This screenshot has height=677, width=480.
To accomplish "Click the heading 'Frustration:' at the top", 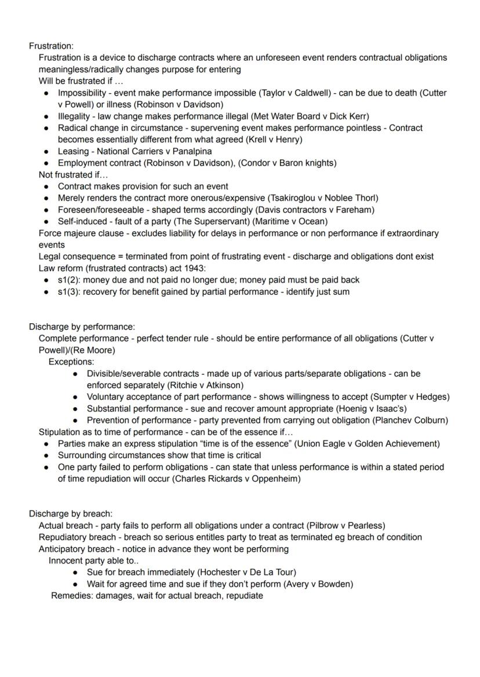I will (51, 46).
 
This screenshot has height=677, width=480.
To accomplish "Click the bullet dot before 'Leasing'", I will (46, 152).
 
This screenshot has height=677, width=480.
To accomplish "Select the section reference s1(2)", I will (69, 280).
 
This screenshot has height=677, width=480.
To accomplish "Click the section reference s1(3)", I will (69, 291).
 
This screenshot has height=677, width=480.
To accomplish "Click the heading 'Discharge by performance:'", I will (82, 327).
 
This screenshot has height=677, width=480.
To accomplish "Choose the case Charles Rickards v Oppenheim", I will (237, 479).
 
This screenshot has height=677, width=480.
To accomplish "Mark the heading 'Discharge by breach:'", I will (71, 514).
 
